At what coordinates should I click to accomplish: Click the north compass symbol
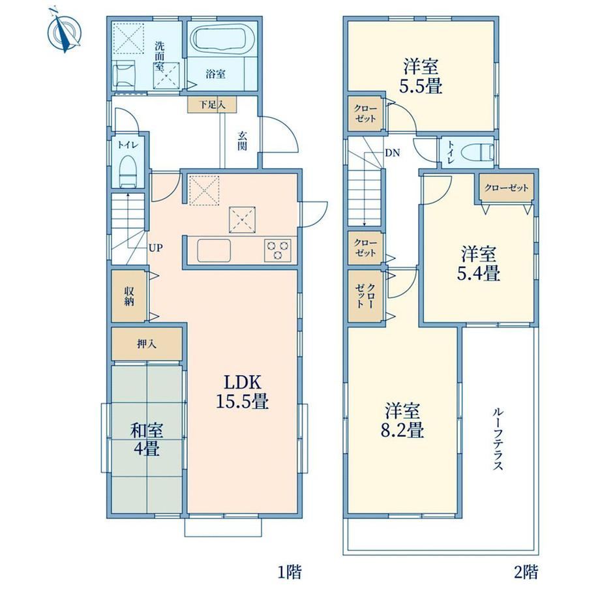pos(65,31)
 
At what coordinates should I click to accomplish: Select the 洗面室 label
pos(159,56)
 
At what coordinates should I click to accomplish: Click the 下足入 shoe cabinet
pos(211,104)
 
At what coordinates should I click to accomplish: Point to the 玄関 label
pos(242,141)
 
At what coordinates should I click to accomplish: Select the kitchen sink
pos(214,250)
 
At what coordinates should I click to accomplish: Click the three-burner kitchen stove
pos(278,250)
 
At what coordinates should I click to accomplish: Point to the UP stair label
pos(156,248)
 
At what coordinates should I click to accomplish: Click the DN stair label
pos(392,153)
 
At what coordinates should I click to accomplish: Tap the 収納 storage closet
pos(129,296)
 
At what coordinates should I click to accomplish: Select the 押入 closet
pos(147,344)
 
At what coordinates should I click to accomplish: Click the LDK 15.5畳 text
pos(242,392)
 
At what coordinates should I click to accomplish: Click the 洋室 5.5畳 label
pos(421,76)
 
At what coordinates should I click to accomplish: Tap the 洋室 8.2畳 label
pos(402,420)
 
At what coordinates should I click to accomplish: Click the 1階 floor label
pos(290,572)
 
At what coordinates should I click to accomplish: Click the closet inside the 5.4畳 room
pos(506,188)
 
